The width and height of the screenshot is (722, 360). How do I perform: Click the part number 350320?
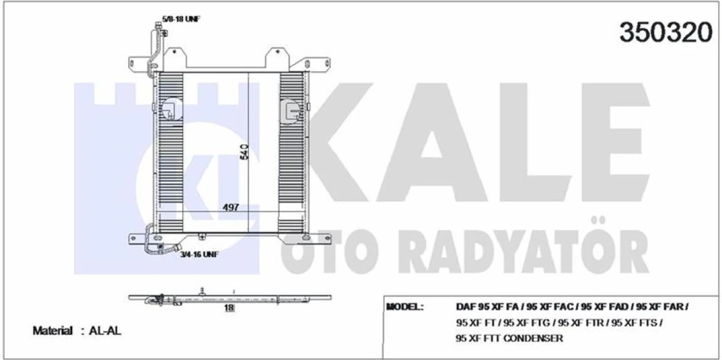pyautogui.click(x=666, y=33)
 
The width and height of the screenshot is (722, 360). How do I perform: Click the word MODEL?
pyautogui.click(x=405, y=307)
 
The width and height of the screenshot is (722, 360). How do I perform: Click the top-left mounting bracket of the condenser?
pyautogui.click(x=139, y=65)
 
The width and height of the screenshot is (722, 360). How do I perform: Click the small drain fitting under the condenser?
pyautogui.click(x=202, y=236)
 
